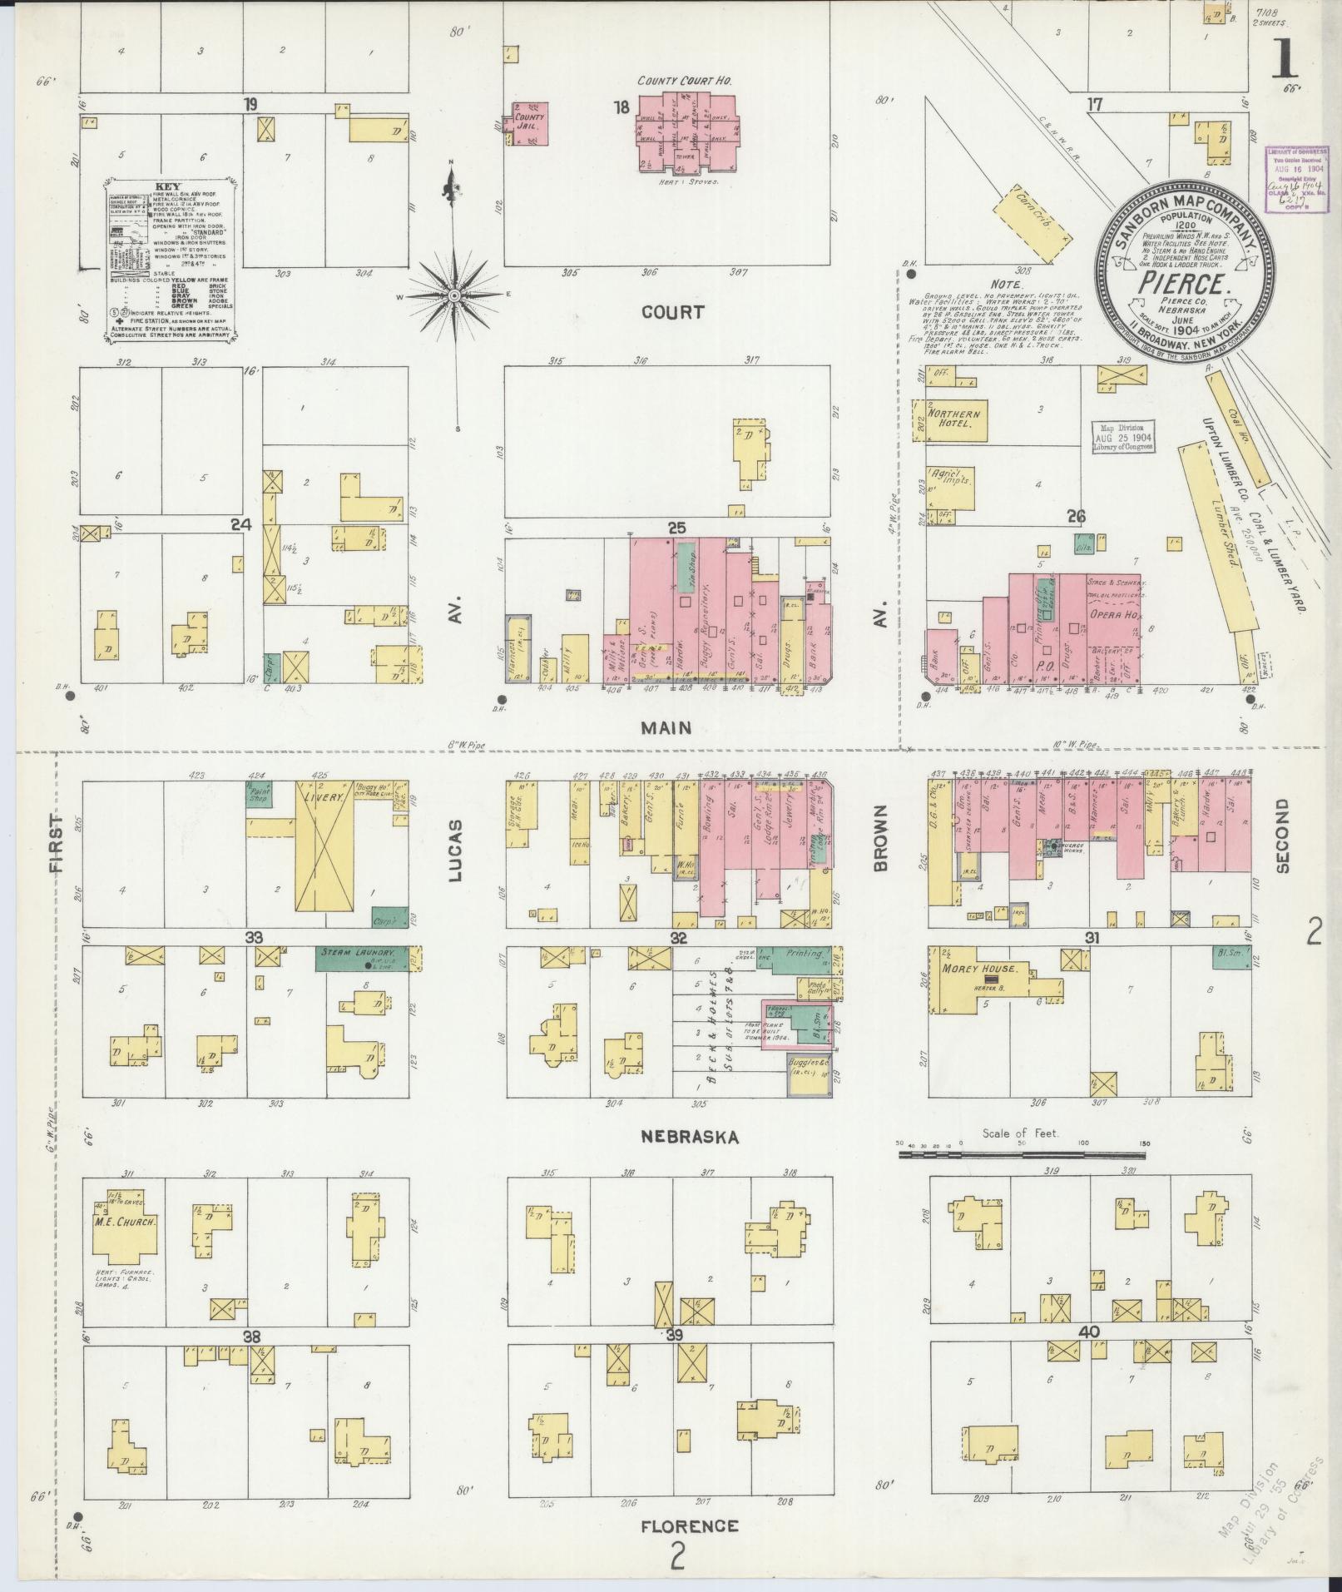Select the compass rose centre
pos(454,295)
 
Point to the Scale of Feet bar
pos(1022,1154)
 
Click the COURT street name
pos(672,312)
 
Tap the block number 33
pos(254,937)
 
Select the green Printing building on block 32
pos(797,957)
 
